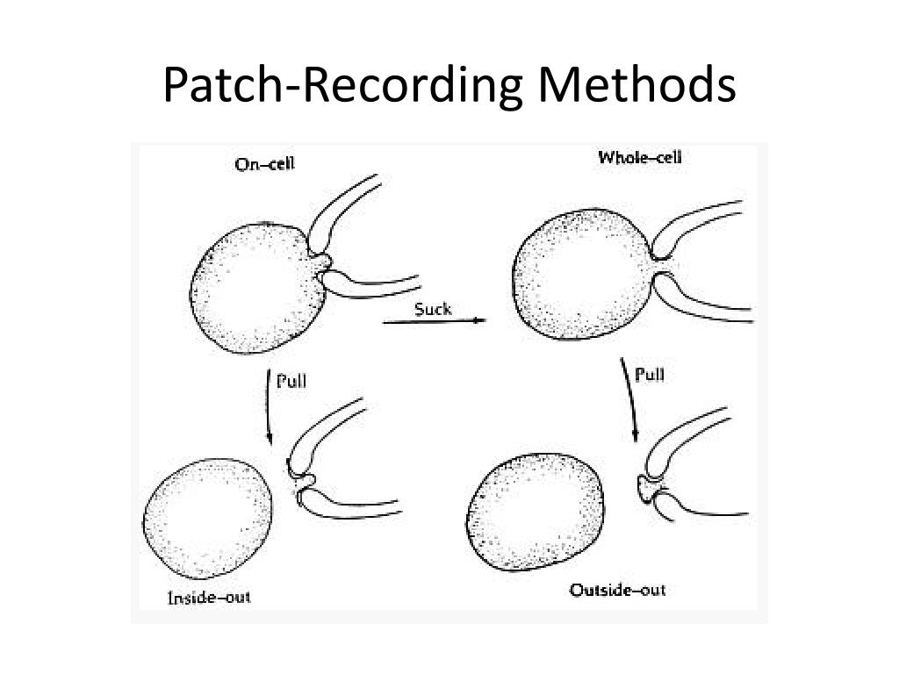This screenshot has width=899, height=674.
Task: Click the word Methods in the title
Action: (x=636, y=85)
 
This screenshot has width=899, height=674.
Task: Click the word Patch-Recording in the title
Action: (x=343, y=87)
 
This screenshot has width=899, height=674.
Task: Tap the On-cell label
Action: (x=264, y=164)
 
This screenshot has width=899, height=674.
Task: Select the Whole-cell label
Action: (x=639, y=158)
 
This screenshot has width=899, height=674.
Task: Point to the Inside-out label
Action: (x=209, y=598)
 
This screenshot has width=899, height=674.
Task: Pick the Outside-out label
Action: (x=617, y=590)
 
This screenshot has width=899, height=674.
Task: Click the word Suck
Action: (x=433, y=308)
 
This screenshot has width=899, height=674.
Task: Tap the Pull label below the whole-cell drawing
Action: (x=649, y=376)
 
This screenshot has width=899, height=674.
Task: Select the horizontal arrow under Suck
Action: (x=435, y=322)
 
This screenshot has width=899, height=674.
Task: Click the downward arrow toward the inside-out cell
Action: (x=269, y=407)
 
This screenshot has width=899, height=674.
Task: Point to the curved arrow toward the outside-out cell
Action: (x=630, y=399)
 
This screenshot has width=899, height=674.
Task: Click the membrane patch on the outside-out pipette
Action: (x=649, y=485)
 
